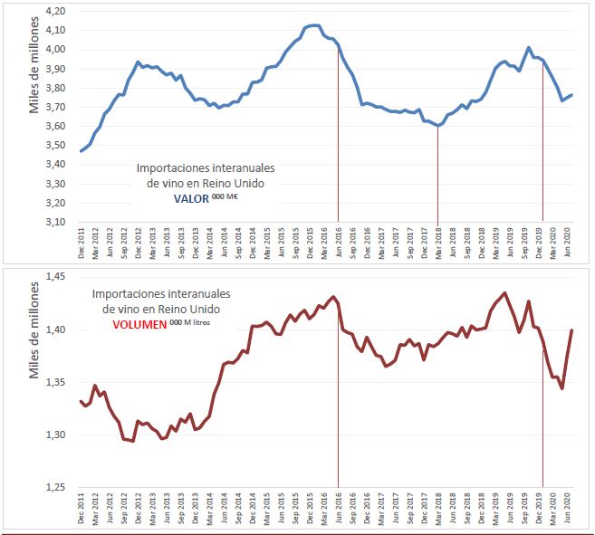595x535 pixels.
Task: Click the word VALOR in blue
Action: coord(189,197)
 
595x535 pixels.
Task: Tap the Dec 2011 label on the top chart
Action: coord(82,243)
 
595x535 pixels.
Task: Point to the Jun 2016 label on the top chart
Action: coord(339,243)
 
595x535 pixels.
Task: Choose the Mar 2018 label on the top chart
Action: coord(438,243)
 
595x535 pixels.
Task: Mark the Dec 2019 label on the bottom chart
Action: coord(542,509)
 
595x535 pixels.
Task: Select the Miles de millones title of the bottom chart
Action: coord(36,332)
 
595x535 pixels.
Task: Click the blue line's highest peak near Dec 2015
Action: coord(313,25)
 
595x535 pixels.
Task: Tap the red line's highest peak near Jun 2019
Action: coord(504,292)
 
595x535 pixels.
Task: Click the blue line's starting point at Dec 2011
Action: coord(82,151)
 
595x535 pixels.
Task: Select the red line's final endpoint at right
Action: coord(572,330)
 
